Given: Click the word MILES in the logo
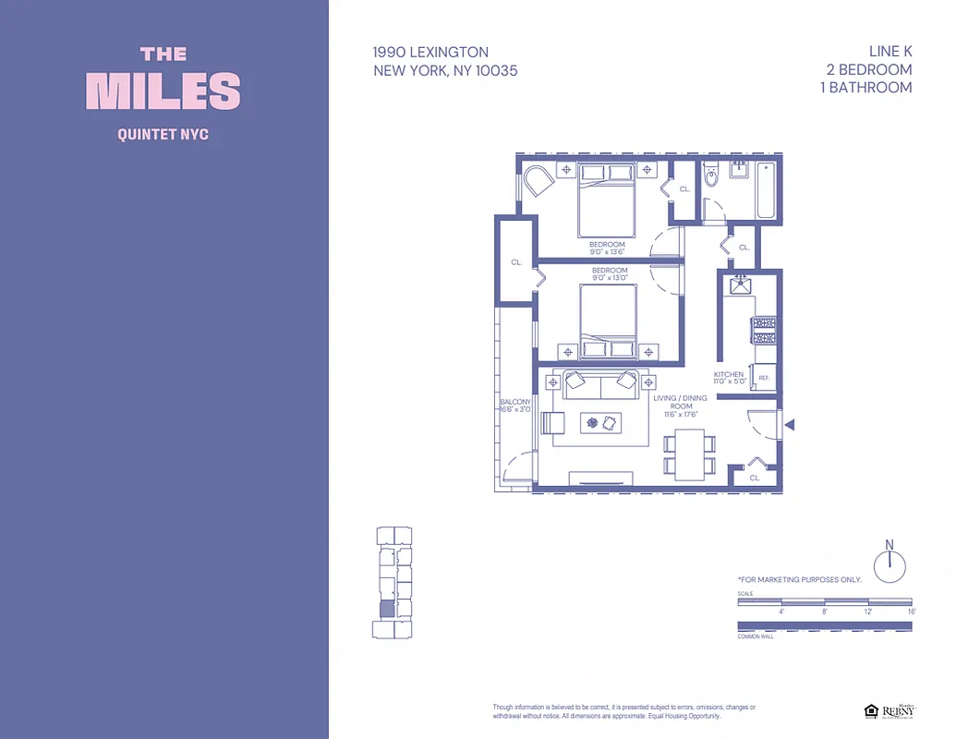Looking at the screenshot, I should point(163,91).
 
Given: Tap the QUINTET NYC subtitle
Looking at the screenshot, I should point(163,135).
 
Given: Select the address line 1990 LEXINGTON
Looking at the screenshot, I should point(430,53).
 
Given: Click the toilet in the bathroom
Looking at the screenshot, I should point(710,176).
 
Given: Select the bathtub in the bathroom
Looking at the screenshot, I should point(767,191).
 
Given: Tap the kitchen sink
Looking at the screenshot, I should point(740,285).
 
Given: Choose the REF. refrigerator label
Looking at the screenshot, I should point(765,379).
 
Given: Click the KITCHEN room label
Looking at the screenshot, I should point(729,375).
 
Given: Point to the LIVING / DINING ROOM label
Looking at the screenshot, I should point(680,406).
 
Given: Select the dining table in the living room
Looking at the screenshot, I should point(688,454).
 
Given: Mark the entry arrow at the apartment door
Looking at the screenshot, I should point(790,425).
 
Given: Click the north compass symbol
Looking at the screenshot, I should point(889,564).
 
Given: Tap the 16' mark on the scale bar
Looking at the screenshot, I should point(911,612).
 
